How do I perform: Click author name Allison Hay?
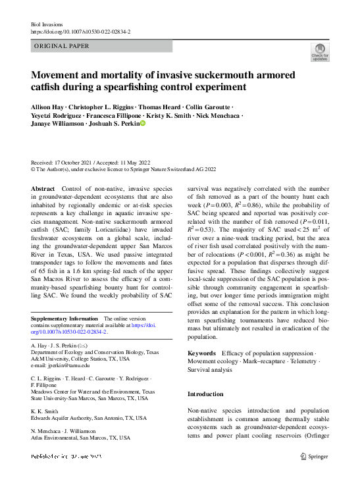point(48,106)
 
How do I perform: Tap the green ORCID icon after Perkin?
point(142,123)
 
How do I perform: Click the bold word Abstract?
point(43,188)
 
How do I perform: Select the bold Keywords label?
point(202,353)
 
